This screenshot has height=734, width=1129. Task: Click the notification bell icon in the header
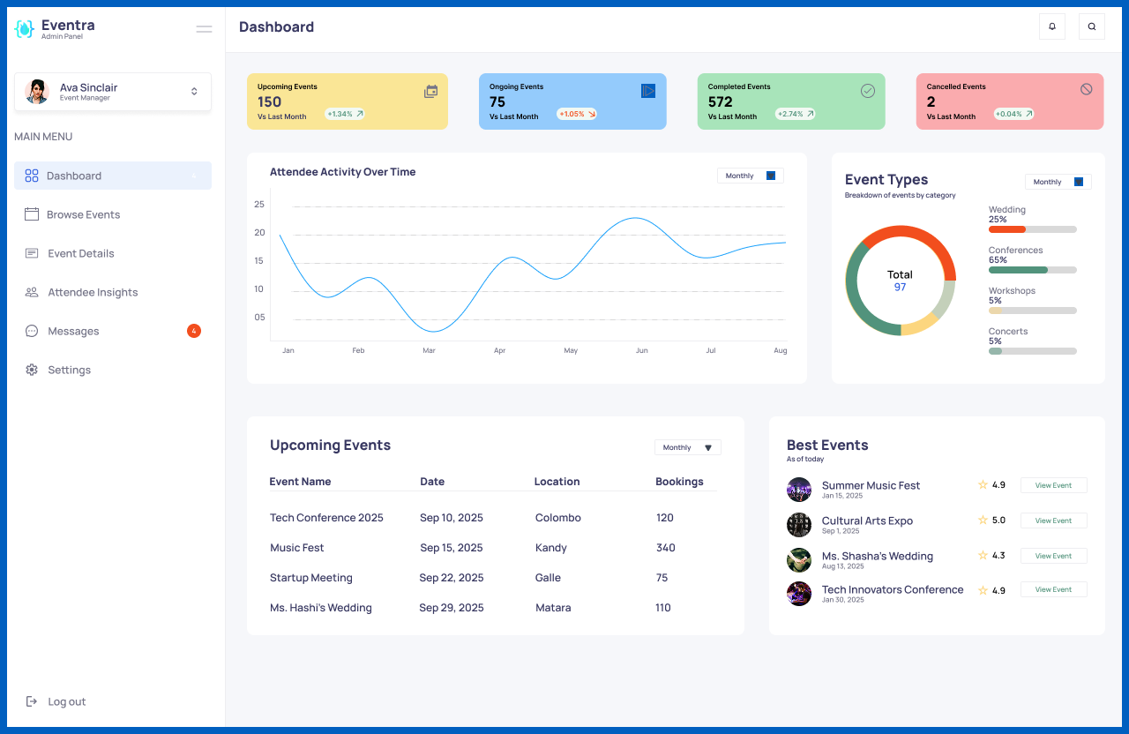pyautogui.click(x=1052, y=26)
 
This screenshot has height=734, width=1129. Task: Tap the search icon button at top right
pyautogui.click(x=1092, y=26)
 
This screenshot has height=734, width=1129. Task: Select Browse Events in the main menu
pyautogui.click(x=83, y=214)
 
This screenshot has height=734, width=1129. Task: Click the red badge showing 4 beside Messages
pyautogui.click(x=194, y=331)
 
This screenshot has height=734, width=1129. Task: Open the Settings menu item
pyautogui.click(x=69, y=370)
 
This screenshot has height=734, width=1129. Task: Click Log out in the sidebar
pyautogui.click(x=66, y=701)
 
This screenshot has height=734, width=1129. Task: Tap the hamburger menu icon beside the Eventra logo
pyautogui.click(x=204, y=29)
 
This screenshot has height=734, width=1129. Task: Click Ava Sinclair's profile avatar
pyautogui.click(x=37, y=92)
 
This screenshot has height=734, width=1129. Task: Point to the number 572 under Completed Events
pyautogui.click(x=721, y=101)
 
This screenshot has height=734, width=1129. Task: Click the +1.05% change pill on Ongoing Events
pyautogui.click(x=577, y=114)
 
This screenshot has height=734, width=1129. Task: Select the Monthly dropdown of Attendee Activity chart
pyautogui.click(x=750, y=176)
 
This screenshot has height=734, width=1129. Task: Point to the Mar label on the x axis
pyautogui.click(x=429, y=350)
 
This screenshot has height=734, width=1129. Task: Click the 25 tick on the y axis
pyautogui.click(x=259, y=204)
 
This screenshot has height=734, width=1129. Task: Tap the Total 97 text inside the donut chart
pyautogui.click(x=900, y=281)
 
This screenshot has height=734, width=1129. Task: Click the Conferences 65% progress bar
pyautogui.click(x=1032, y=270)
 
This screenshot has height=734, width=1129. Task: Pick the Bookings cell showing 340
pyautogui.click(x=665, y=548)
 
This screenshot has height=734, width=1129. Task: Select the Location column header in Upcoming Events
pyautogui.click(x=557, y=482)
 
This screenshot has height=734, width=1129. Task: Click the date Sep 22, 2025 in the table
pyautogui.click(x=452, y=578)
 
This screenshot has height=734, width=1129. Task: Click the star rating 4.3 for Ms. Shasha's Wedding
pyautogui.click(x=991, y=556)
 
